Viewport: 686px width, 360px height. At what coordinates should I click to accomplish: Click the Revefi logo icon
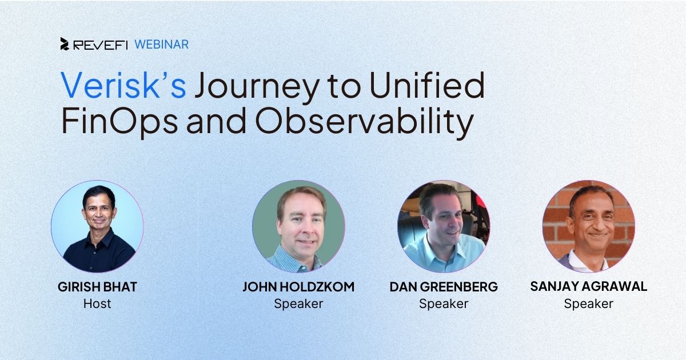[x=65, y=44]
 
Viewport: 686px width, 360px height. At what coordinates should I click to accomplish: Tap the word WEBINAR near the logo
[x=161, y=45]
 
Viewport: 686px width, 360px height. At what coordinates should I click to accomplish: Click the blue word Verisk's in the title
[x=123, y=85]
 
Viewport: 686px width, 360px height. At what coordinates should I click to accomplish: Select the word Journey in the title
[x=257, y=89]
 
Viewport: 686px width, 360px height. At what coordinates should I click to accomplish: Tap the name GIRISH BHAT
[x=97, y=287]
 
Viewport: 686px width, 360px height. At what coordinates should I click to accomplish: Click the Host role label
[x=97, y=303]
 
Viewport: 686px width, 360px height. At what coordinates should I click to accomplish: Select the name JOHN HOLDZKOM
[x=298, y=287]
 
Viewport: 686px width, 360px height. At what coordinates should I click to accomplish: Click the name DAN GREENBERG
[x=444, y=287]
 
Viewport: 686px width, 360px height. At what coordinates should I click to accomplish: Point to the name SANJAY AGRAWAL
[x=589, y=286]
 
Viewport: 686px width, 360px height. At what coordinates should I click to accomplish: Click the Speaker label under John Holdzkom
[x=298, y=304]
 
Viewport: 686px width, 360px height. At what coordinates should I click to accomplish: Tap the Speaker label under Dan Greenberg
[x=444, y=304]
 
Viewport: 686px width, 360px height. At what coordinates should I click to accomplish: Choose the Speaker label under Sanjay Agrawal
[x=589, y=304]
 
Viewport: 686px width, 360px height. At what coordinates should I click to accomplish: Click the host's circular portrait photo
[x=97, y=226]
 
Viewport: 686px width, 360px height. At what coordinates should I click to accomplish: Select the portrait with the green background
[x=298, y=226]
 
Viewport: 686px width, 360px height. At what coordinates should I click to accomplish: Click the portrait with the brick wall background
[x=589, y=226]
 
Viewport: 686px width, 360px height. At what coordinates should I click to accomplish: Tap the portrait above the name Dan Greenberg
[x=444, y=226]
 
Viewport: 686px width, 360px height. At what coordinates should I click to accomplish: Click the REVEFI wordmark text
[x=101, y=45]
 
